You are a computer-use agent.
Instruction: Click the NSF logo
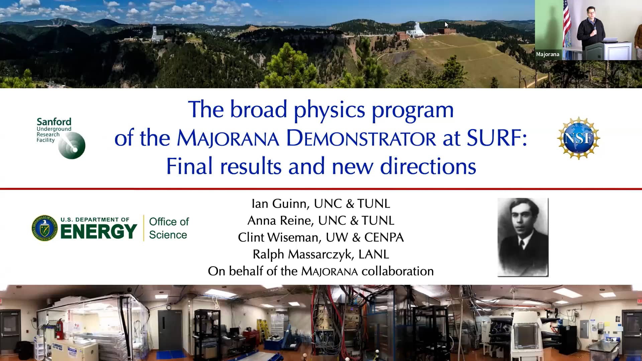[x=578, y=138]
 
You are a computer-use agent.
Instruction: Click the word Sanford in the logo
[x=54, y=122]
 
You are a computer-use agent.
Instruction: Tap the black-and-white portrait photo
[x=523, y=237]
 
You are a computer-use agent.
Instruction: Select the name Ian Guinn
[x=279, y=204]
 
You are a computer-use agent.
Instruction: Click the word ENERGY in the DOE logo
[x=99, y=231]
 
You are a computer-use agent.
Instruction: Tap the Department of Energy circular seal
[x=44, y=228]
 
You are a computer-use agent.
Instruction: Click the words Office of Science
[x=169, y=228]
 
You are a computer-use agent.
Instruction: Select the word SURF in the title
[x=496, y=138]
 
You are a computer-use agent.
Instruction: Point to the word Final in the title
[x=189, y=166]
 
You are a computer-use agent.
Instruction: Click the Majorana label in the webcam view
[x=547, y=54]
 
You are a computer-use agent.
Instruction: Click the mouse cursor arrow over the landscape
[x=446, y=25]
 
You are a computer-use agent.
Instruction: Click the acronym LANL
[x=373, y=254]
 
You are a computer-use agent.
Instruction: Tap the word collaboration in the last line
[x=397, y=271]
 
